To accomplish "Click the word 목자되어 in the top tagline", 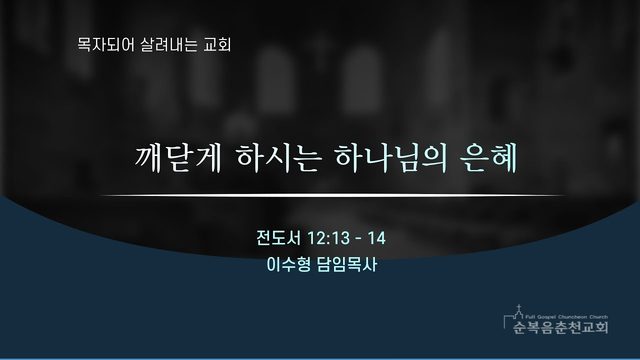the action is click(x=106, y=44).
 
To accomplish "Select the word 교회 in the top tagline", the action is click(x=218, y=44).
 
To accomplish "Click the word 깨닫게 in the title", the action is click(x=178, y=158).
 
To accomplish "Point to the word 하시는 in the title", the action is click(x=278, y=158).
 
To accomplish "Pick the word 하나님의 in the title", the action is click(x=391, y=158).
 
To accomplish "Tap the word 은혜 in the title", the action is click(x=489, y=158).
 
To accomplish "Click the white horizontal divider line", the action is click(x=333, y=196).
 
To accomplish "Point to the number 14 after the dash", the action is click(x=377, y=238).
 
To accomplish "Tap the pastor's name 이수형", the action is click(x=288, y=265).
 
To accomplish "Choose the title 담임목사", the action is click(x=347, y=265).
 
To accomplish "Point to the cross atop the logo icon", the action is click(x=519, y=307).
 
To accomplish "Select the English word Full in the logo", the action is click(x=529, y=317).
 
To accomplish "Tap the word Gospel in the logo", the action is click(x=544, y=317).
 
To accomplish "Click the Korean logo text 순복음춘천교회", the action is click(x=561, y=327).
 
